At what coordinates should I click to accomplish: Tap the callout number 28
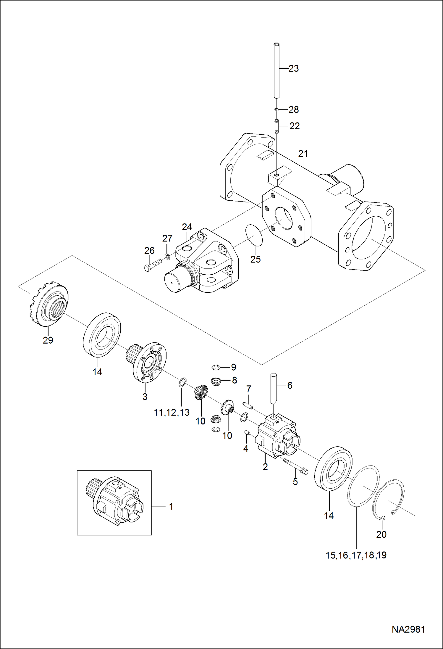tap(294, 110)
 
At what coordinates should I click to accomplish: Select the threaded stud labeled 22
tap(277, 126)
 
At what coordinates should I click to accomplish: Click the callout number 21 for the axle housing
tap(303, 154)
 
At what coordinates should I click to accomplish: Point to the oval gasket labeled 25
tap(254, 235)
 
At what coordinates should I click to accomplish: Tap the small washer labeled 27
tap(167, 256)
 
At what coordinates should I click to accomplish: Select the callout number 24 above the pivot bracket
tap(187, 227)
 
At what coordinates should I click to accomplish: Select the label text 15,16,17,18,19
tap(356, 555)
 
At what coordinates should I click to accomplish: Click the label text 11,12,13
tap(172, 413)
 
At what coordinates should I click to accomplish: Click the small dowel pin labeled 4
tap(248, 434)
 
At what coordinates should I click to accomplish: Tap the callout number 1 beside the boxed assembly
tap(171, 506)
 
